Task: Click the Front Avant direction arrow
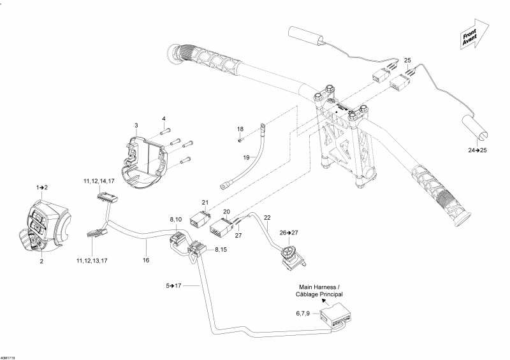coord(472,34)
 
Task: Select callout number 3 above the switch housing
coord(136,124)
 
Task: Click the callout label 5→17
coord(173,285)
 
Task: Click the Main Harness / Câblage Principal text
coord(320,291)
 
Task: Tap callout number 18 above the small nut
coord(240,129)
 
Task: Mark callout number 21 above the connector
coord(205,202)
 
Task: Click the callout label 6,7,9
coord(304,313)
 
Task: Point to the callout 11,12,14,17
coord(101,181)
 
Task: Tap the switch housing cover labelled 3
coord(149,159)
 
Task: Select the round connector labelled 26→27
coord(290,254)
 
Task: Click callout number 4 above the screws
coord(163,119)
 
